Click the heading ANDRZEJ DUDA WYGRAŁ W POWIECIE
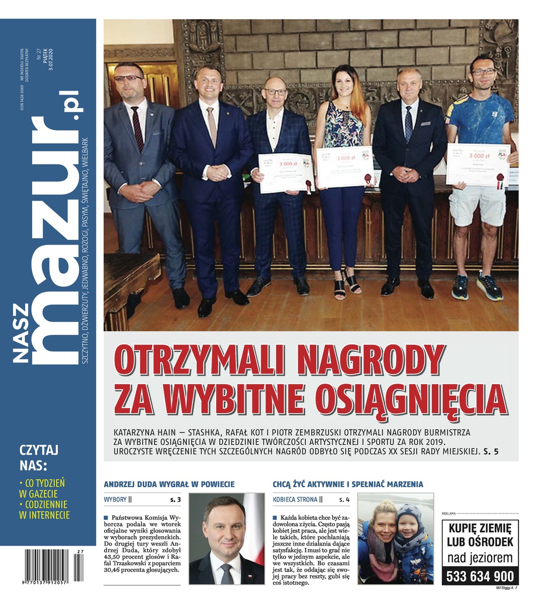pos(169,484)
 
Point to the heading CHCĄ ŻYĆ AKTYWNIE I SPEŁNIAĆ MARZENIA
pos(347,484)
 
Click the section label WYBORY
pos(115,500)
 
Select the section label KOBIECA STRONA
pos(295,500)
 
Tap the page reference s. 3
pos(175,500)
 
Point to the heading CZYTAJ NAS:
pos(39,456)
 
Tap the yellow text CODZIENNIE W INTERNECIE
pos(44,509)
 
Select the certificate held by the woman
pos(344,167)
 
